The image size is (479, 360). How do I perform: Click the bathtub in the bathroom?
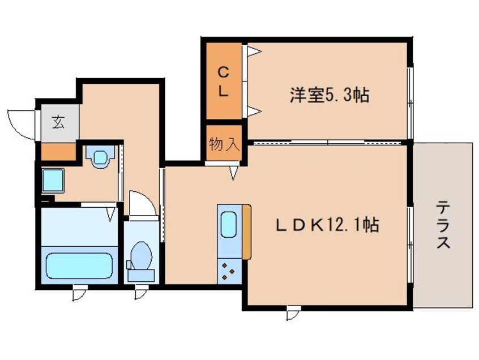coord(78,266)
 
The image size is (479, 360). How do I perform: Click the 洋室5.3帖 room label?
coord(329,95)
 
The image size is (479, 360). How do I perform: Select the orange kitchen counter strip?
coord(246,232)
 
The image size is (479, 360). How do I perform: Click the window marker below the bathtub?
coord(78,294)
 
